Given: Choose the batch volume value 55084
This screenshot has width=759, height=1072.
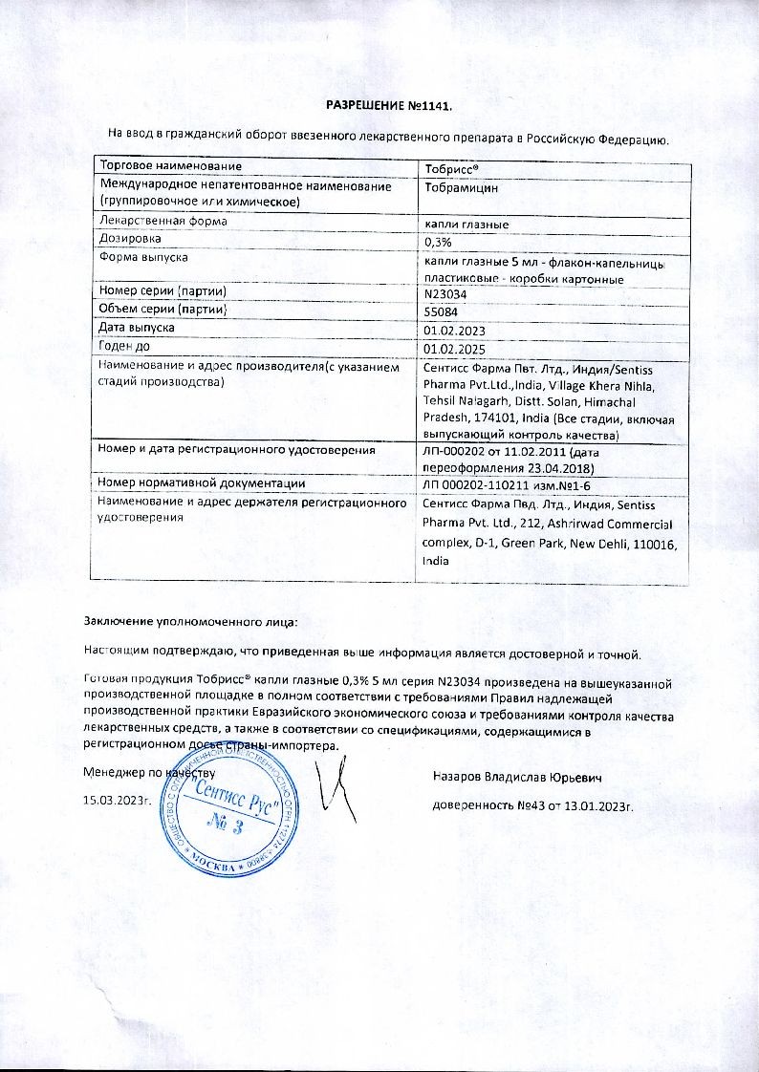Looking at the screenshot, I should [440, 311].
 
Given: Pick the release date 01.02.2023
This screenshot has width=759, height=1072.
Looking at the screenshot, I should [454, 330].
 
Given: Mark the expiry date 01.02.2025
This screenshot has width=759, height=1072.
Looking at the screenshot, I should [454, 348].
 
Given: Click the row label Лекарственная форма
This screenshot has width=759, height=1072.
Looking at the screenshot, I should [163, 221].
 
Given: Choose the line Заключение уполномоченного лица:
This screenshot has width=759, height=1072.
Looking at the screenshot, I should [190, 622].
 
